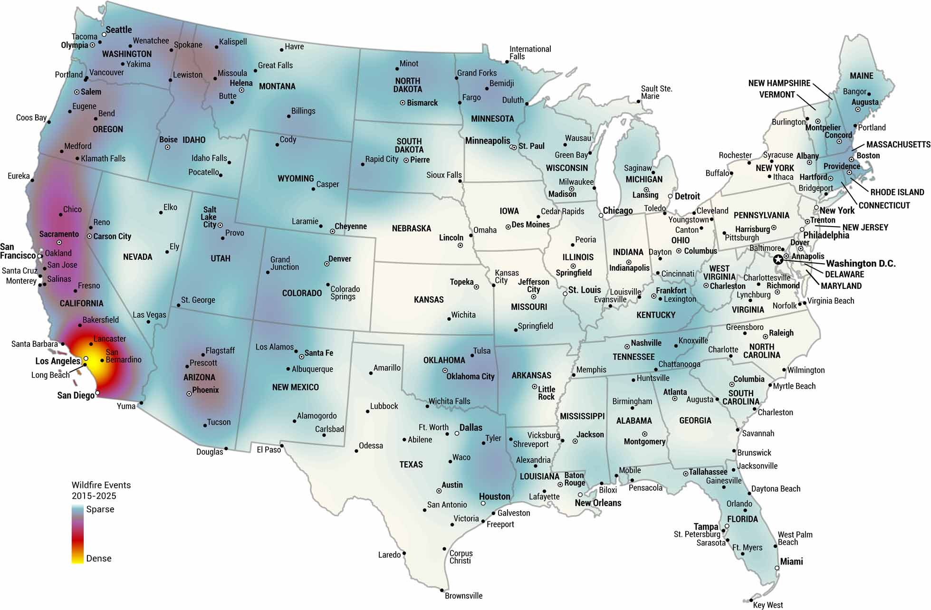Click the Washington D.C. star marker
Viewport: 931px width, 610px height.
(778, 259)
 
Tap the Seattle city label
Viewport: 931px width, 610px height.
(119, 30)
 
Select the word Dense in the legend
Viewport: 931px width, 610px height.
(99, 558)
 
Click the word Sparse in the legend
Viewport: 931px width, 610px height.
(100, 509)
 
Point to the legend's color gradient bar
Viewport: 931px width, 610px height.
(77, 534)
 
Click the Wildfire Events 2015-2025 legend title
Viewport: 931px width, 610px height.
(101, 490)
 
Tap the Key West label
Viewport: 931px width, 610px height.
(768, 605)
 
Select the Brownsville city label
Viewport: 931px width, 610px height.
(463, 596)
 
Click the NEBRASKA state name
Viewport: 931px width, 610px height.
(412, 229)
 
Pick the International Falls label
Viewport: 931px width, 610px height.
(530, 52)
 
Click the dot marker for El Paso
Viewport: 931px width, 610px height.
(282, 446)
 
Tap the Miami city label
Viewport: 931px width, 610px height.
(791, 562)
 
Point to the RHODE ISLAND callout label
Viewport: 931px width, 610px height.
(897, 192)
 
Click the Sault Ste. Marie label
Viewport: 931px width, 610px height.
(656, 92)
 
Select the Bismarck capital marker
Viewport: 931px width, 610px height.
(403, 103)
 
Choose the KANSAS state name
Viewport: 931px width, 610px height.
(429, 300)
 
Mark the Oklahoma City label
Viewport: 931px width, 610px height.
(470, 376)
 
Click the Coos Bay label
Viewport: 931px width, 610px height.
(31, 117)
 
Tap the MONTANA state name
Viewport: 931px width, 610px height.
(277, 86)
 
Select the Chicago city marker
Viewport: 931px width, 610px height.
(601, 215)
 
